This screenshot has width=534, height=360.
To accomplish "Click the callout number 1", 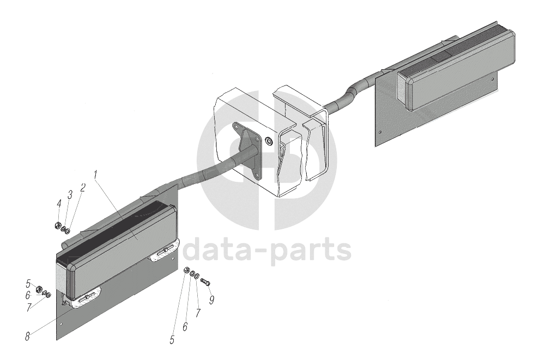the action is tap(96, 175).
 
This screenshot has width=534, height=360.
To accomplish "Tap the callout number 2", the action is tap(83, 188).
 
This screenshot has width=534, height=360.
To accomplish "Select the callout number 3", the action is tap(70, 194).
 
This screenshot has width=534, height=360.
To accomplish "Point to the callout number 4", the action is tap(58, 203).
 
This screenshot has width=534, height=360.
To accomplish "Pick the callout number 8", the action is tap(27, 337).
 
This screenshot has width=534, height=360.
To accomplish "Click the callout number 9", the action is tap(211, 300).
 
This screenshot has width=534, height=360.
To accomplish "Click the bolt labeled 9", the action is tap(205, 282).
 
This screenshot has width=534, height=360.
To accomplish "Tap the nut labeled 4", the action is tap(58, 225).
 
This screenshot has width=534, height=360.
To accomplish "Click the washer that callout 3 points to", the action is tap(63, 228).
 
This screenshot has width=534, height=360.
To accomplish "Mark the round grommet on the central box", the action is tap(268, 142).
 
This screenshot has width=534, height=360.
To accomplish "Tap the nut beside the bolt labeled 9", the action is tap(186, 271).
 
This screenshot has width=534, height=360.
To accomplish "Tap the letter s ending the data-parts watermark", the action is tap(343, 251).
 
